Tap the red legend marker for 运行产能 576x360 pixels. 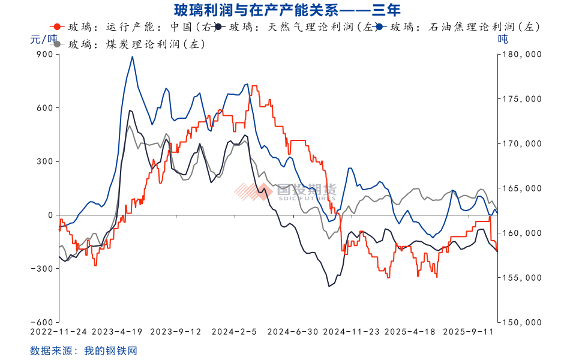pyautogui.click(x=57, y=27)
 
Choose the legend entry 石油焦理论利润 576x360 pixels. pyautogui.click(x=468, y=27)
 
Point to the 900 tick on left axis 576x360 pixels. pyautogui.click(x=46, y=54)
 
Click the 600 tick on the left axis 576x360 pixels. pyautogui.click(x=46, y=108)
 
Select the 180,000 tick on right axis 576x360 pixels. pyautogui.click(x=521, y=54)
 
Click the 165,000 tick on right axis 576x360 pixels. pyautogui.click(x=521, y=188)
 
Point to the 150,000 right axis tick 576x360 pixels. pyautogui.click(x=521, y=322)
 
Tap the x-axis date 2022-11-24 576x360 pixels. pyautogui.click(x=59, y=331)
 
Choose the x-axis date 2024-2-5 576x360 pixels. pyautogui.click(x=233, y=331)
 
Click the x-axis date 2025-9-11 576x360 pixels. pyautogui.click(x=468, y=331)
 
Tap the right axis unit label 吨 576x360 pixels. pyautogui.click(x=503, y=40)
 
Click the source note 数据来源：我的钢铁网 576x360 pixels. pyautogui.click(x=83, y=350)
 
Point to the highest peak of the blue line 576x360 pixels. pyautogui.click(x=132, y=57)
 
